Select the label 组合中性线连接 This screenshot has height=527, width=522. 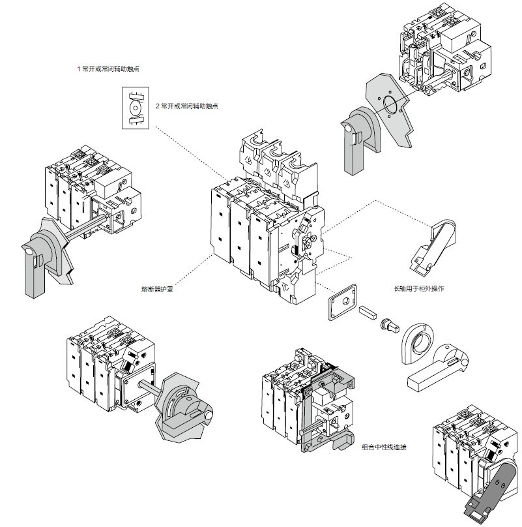tap(385, 447)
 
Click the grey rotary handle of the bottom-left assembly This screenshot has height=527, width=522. tap(182, 405)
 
